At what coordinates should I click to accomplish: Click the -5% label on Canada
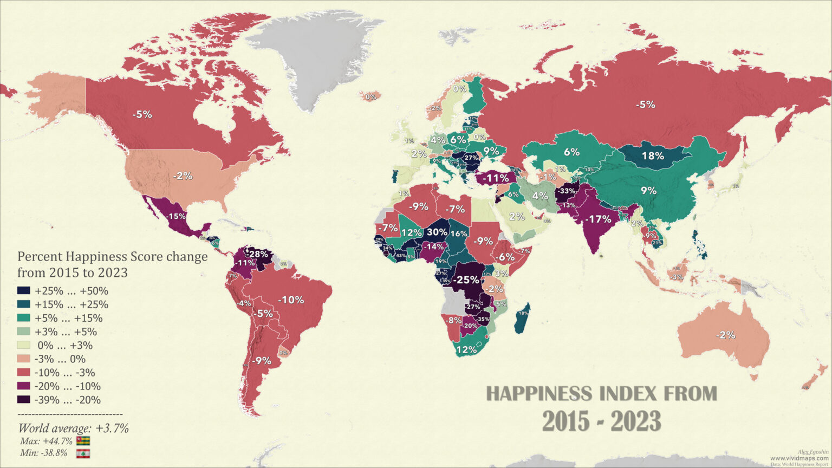click(143, 115)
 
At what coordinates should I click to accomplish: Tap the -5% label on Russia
click(646, 105)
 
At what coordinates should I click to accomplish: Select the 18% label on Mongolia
click(652, 156)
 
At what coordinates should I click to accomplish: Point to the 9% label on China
click(648, 191)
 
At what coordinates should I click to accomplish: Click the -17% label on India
click(600, 219)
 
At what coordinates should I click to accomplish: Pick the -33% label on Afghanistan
click(567, 191)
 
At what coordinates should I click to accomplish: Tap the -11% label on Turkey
click(496, 178)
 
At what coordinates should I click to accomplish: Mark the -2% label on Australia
click(725, 335)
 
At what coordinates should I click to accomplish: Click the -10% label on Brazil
click(291, 300)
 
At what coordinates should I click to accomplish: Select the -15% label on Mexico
click(175, 216)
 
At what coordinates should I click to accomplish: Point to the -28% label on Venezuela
click(258, 253)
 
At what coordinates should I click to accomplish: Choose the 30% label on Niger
click(437, 232)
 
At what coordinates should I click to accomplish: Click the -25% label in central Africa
click(466, 280)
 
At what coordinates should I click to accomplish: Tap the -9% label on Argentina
click(261, 360)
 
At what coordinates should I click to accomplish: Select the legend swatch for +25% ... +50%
click(24, 291)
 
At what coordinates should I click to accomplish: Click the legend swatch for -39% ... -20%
click(24, 400)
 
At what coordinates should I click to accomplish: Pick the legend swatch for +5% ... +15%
click(24, 318)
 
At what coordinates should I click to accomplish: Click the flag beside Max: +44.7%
click(83, 441)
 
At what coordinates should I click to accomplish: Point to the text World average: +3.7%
click(74, 428)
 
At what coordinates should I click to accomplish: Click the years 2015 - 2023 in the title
click(601, 421)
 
